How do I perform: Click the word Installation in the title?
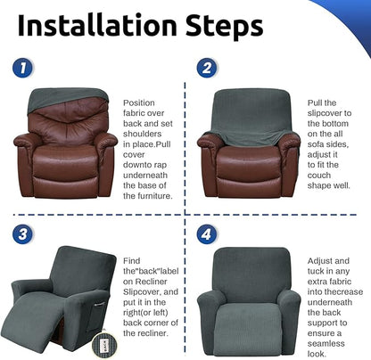97,25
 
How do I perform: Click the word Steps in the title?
225,27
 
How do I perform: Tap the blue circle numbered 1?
22,69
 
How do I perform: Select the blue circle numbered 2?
207,68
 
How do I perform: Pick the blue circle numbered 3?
22,234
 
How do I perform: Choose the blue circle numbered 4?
207,234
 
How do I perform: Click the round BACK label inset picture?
103,346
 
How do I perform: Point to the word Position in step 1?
139,103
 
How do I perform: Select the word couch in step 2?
319,176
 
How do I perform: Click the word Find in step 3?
131,261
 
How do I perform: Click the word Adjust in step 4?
320,261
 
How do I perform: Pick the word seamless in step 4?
326,344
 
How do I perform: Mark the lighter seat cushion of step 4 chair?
247,328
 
